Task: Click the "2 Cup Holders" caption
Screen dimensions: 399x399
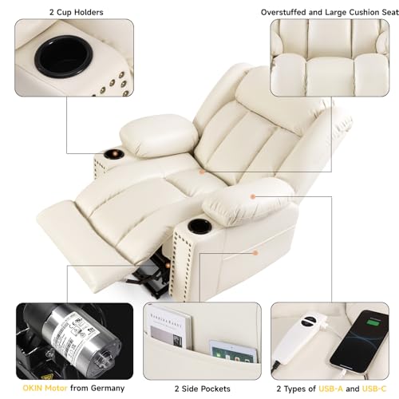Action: (x=76, y=12)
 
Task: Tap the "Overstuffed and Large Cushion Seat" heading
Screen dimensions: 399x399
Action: (x=330, y=12)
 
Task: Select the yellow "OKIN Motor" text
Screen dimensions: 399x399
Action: (x=45, y=388)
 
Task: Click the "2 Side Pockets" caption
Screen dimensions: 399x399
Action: (x=202, y=389)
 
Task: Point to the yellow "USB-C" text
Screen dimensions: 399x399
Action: (x=374, y=389)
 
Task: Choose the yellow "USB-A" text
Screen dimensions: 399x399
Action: (x=330, y=389)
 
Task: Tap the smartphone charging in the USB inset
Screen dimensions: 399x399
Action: (x=360, y=342)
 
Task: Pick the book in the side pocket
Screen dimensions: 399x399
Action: (x=169, y=327)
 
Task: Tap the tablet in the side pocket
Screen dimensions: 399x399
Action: (x=234, y=352)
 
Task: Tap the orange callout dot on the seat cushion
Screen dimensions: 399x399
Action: (x=202, y=172)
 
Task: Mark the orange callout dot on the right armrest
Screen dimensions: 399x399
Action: (x=253, y=196)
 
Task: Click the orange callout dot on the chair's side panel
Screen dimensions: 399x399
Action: (x=255, y=253)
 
